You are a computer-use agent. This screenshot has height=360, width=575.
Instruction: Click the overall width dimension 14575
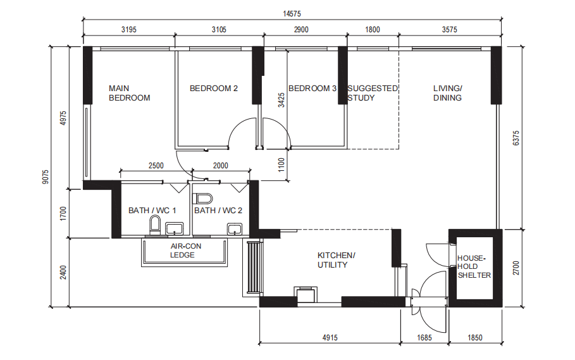[292, 13]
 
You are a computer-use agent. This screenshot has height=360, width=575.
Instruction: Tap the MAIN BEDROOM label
[130, 93]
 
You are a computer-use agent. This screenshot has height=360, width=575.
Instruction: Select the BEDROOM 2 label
[214, 89]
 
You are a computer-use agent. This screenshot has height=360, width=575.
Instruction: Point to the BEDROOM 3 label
[312, 89]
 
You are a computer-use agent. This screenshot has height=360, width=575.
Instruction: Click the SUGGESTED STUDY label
[373, 93]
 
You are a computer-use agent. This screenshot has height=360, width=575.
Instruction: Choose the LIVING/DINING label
[447, 93]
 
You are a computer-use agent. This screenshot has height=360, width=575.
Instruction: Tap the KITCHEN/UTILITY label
[337, 260]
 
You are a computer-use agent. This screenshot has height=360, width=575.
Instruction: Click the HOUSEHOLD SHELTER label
[474, 266]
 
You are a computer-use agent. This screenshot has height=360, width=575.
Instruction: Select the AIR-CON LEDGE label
[185, 251]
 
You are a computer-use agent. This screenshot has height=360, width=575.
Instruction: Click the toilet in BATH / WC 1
[155, 225]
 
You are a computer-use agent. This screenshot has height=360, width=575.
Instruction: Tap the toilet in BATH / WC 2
[203, 199]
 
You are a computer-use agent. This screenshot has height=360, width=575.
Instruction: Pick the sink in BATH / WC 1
[174, 228]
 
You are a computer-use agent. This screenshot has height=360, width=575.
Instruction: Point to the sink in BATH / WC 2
[234, 229]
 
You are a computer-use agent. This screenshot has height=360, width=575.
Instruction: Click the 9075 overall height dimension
[45, 177]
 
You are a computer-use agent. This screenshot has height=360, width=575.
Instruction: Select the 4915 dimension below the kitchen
[330, 338]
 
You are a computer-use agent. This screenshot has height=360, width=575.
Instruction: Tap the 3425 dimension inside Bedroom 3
[281, 100]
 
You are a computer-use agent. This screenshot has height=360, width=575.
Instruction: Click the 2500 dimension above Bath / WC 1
[156, 166]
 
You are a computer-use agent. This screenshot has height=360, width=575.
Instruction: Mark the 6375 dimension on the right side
[516, 138]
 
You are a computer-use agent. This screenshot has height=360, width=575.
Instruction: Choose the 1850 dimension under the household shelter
[475, 338]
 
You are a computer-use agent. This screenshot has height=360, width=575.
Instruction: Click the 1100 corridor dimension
[281, 165]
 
